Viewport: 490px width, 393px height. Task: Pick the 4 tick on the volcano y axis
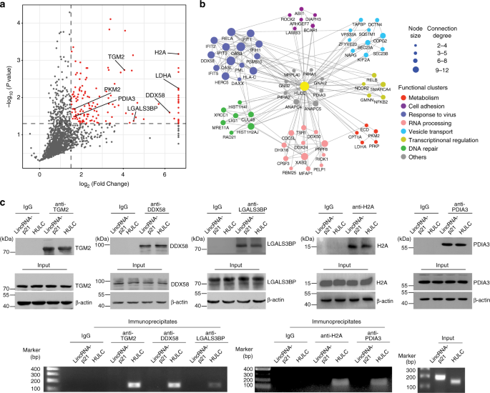pos(21,33)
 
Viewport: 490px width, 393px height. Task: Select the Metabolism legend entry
pos(431,87)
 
